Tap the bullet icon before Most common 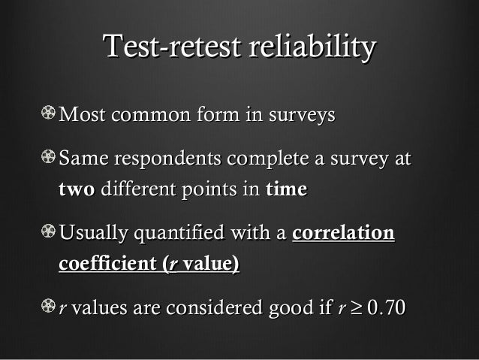49,115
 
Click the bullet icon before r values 49,306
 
